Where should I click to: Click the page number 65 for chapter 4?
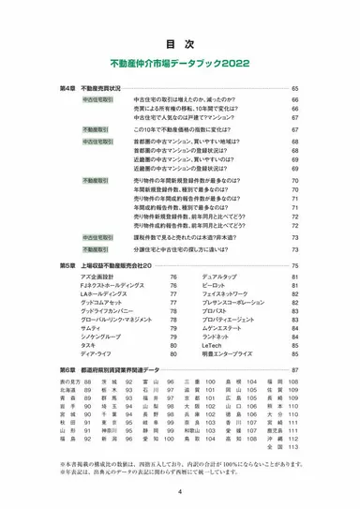[x=294, y=88]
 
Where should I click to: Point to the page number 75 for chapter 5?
[x=294, y=267]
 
